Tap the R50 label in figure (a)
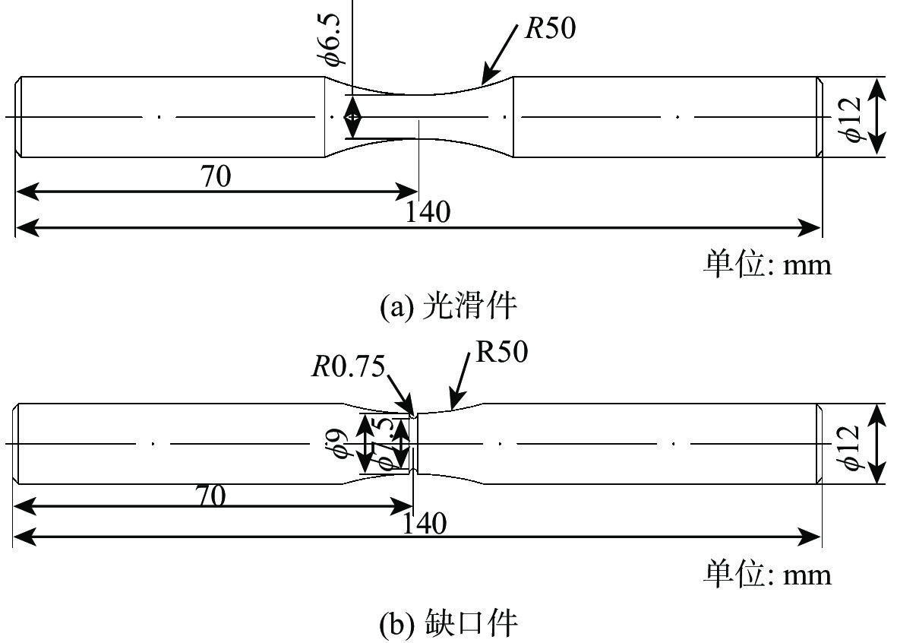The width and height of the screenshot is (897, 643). (x=551, y=28)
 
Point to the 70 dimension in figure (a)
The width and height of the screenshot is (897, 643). (x=216, y=177)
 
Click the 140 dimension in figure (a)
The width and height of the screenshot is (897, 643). (x=428, y=211)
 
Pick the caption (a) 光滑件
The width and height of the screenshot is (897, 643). (x=448, y=306)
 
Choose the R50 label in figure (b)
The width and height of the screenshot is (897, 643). (x=501, y=353)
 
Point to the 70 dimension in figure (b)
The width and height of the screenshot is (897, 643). (x=212, y=496)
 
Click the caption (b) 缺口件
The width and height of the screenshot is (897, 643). (x=448, y=624)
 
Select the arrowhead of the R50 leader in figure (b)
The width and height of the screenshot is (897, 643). (x=451, y=407)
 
